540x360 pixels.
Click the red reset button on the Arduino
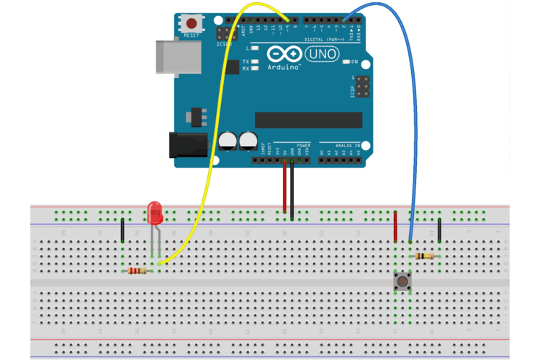[x=192, y=23]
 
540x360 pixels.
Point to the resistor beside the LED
[x=137, y=271]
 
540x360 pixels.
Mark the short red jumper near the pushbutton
[x=395, y=226]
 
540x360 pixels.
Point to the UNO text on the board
[x=320, y=53]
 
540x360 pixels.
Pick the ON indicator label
[x=354, y=62]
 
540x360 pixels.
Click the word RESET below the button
[x=192, y=35]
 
